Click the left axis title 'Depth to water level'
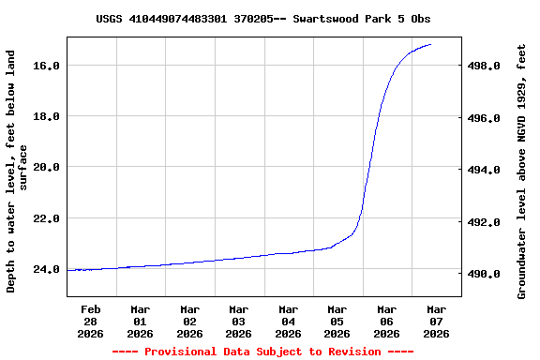(17, 172)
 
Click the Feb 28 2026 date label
(91, 321)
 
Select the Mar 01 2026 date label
(140, 321)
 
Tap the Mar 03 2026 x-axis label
(239, 321)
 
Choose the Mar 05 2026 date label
(337, 321)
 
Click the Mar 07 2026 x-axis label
(436, 321)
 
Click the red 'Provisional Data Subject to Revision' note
(262, 352)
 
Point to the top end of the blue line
(430, 44)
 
